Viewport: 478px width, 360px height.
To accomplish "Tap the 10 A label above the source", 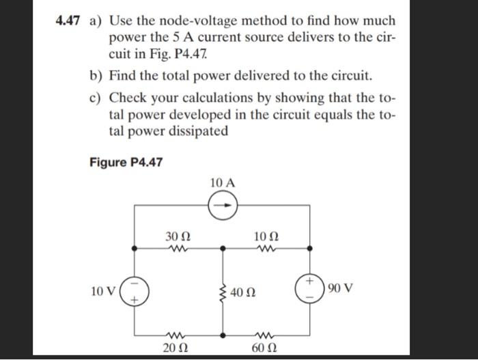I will click(x=223, y=182).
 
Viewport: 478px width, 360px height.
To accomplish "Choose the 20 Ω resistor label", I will click(x=175, y=352).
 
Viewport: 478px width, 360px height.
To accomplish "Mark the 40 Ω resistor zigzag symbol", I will click(x=223, y=294).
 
